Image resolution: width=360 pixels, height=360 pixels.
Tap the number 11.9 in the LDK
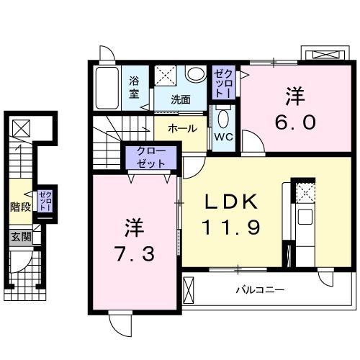click(x=230, y=227)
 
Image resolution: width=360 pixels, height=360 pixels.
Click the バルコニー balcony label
click(x=260, y=290)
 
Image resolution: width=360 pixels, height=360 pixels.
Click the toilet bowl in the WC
click(x=222, y=118)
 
